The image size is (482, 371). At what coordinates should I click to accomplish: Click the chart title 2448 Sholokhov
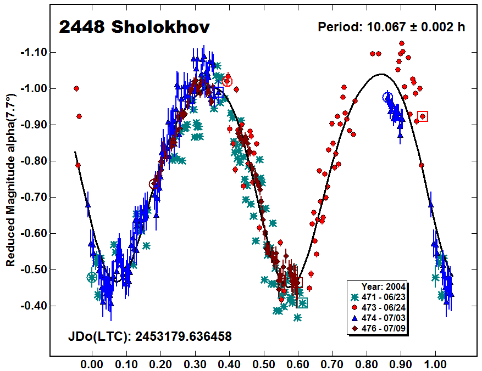point(134,27)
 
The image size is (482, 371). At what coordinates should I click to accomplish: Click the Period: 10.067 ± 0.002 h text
point(392,27)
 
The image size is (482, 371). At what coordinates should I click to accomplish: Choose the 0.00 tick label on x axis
point(92,363)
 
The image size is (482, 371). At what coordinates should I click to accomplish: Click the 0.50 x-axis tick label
point(264,363)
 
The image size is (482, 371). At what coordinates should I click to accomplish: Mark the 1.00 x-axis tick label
point(436,363)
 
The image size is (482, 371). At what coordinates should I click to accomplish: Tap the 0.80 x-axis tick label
point(367,363)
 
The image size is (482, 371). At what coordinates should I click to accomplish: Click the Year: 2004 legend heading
point(384,286)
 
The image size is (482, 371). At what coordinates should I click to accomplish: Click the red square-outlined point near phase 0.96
point(423,116)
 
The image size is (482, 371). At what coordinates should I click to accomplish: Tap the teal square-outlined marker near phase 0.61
point(302,303)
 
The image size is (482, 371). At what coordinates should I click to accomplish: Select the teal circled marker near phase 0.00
point(92,277)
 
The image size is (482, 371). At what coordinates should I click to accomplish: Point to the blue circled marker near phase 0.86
point(387,97)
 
